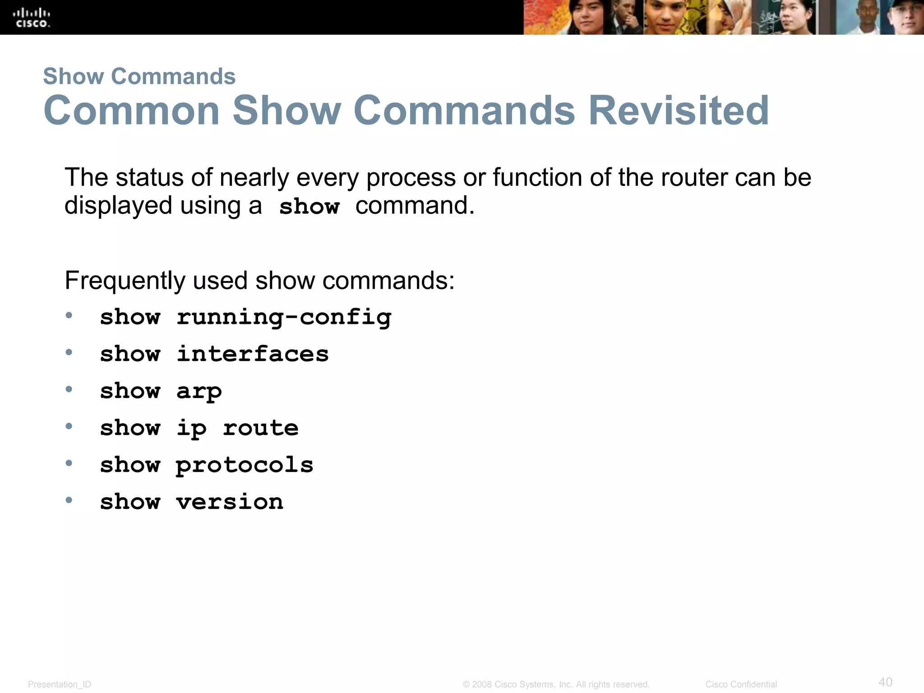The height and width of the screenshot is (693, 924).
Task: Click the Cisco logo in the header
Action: [x=32, y=18]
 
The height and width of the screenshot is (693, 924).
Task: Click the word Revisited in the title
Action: [x=679, y=111]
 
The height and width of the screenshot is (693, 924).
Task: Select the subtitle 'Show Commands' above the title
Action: [x=139, y=76]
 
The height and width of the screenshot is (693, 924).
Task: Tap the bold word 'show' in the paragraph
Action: [x=309, y=207]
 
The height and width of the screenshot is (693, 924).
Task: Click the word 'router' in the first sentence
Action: [x=694, y=177]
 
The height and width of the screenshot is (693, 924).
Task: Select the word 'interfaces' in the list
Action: [x=253, y=354]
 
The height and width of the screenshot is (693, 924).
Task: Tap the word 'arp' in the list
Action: [x=199, y=391]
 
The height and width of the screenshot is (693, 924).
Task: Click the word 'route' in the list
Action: [x=261, y=428]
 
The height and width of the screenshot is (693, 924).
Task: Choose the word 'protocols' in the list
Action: [x=245, y=465]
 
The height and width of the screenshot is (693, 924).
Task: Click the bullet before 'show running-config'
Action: [x=69, y=315]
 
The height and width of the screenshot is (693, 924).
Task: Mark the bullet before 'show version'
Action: [x=69, y=500]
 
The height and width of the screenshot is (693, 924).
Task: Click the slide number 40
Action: [x=885, y=682]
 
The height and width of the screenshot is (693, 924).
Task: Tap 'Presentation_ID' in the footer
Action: [x=60, y=684]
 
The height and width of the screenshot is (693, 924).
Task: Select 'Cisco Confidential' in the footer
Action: [x=741, y=684]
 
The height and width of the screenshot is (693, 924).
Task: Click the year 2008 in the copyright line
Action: [x=482, y=684]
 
